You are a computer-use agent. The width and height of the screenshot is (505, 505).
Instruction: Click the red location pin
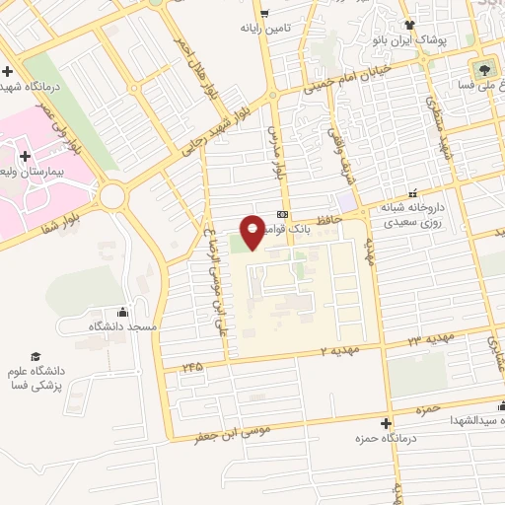tap(253, 231)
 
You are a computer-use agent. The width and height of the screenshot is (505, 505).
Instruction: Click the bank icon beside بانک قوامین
tap(283, 214)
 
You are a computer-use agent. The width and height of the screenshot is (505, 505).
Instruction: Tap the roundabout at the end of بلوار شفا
tap(113, 195)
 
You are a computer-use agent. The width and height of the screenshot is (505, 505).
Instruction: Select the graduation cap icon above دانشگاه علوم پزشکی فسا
tap(36, 354)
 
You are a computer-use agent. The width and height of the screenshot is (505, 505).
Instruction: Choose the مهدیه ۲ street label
tap(340, 350)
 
